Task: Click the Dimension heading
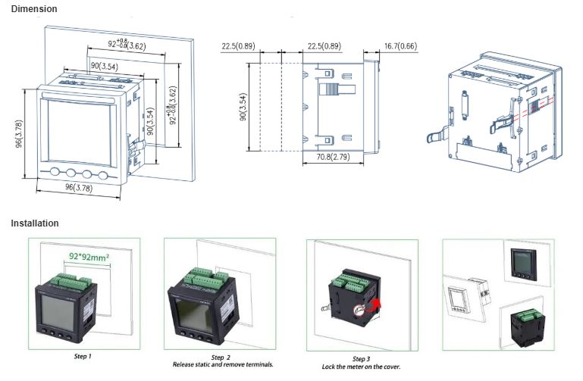click(33, 8)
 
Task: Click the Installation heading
click(34, 223)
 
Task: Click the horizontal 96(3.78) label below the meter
click(79, 188)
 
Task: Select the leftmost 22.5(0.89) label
click(239, 47)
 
